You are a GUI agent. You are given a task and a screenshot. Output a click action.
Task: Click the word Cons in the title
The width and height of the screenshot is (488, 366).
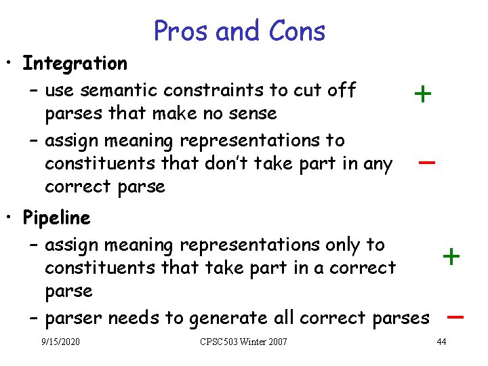(297, 30)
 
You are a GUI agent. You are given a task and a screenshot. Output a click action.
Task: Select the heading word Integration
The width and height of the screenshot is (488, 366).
(75, 64)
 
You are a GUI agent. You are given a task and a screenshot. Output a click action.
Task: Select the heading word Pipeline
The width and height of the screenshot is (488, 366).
(56, 218)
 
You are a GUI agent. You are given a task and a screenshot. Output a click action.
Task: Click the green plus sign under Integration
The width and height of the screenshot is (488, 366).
(422, 94)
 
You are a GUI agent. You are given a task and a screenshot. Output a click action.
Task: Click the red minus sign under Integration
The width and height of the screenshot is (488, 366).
(426, 163)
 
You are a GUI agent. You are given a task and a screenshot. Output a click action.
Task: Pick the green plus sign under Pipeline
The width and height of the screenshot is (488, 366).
(451, 256)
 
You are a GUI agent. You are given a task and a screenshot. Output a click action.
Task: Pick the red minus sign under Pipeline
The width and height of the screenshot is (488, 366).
(455, 317)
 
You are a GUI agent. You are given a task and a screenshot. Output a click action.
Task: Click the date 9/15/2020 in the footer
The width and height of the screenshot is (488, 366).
(60, 341)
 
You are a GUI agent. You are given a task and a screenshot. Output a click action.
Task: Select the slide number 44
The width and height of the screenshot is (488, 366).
(441, 341)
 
